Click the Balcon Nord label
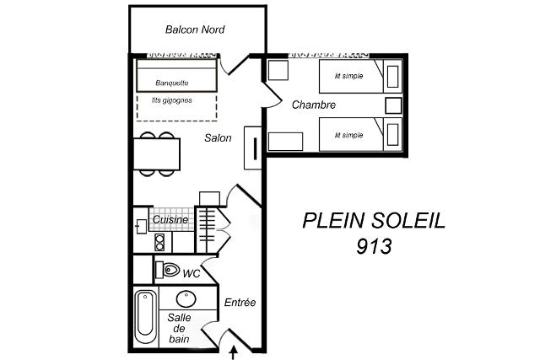(x=195, y=30)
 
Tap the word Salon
(x=218, y=138)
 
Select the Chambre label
(x=313, y=105)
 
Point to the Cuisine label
(x=170, y=219)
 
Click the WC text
(x=192, y=274)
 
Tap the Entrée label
(x=240, y=302)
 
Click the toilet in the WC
(x=168, y=270)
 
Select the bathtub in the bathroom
(x=145, y=317)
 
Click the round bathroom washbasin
(x=186, y=299)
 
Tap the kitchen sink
(x=142, y=227)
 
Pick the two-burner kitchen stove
(x=159, y=242)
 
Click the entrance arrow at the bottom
(x=235, y=352)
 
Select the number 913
(x=374, y=246)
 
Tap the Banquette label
(x=172, y=83)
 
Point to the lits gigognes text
(x=172, y=100)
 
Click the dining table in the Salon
(x=157, y=153)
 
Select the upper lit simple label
(x=348, y=76)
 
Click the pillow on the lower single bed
(x=392, y=135)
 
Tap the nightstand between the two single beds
(x=393, y=105)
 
